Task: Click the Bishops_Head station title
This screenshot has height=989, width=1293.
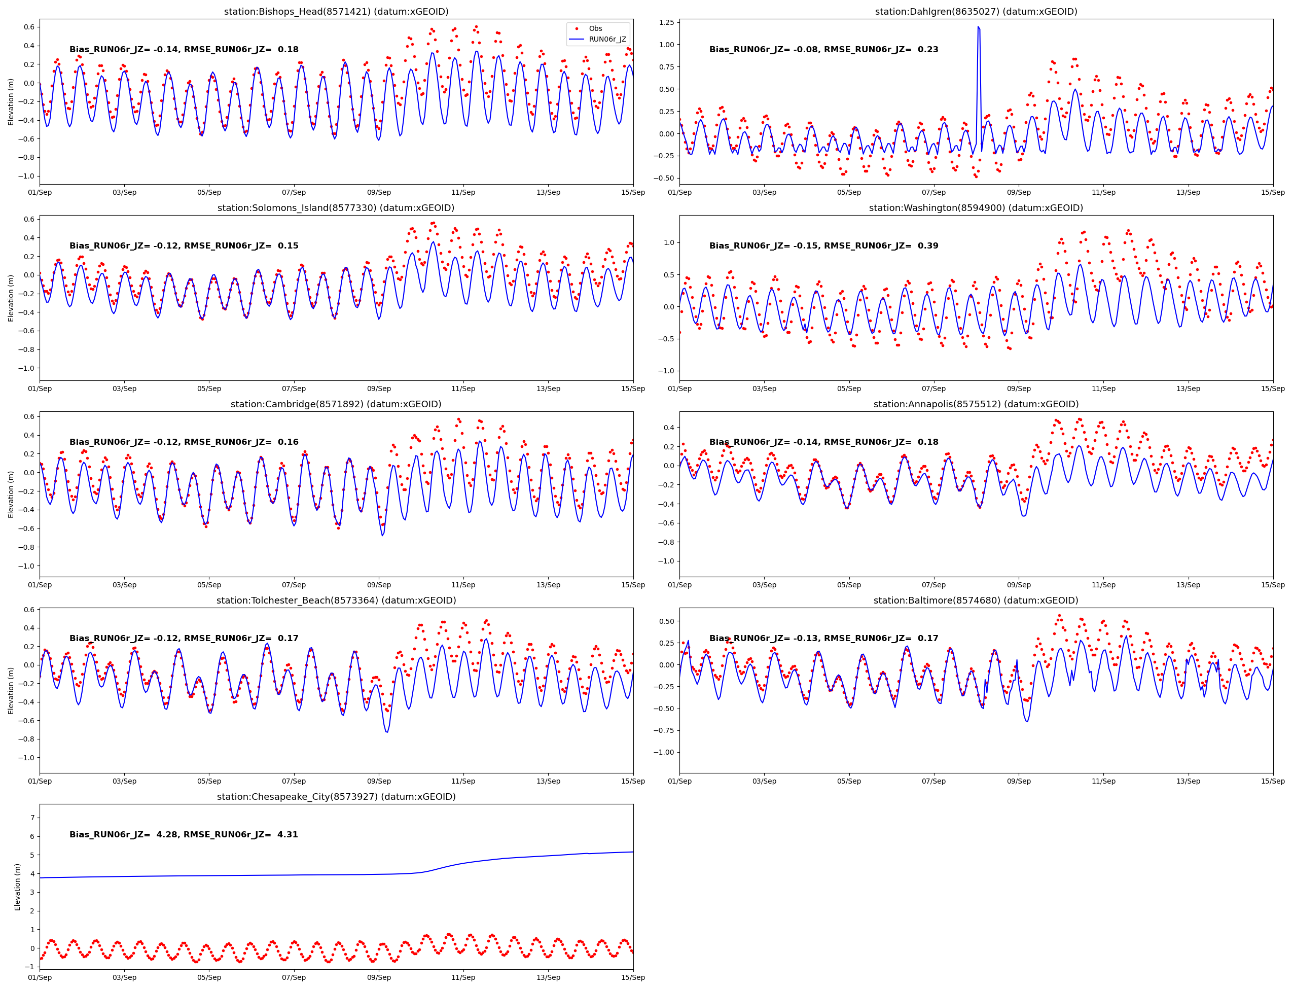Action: [336, 12]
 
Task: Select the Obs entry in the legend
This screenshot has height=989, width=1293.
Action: [595, 28]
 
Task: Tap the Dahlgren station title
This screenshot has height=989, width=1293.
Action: [976, 12]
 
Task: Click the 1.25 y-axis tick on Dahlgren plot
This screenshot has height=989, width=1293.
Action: [667, 22]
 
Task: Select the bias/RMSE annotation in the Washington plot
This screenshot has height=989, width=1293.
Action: [823, 245]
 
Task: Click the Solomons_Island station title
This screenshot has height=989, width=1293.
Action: [336, 208]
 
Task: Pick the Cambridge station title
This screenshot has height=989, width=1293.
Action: [336, 404]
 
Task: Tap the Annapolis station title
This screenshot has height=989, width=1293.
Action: [976, 404]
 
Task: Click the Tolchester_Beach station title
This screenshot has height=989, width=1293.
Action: [336, 601]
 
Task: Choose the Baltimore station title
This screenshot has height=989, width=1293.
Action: [976, 601]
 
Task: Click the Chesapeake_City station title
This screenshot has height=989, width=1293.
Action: [336, 796]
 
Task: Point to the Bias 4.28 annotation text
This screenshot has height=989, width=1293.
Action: [184, 834]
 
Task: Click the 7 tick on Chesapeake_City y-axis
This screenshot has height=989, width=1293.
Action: [32, 818]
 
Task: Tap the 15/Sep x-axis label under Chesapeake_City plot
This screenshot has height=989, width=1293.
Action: [633, 978]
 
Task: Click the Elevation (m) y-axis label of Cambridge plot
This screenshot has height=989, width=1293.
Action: [11, 494]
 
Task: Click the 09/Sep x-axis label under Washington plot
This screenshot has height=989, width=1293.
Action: [1018, 388]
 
